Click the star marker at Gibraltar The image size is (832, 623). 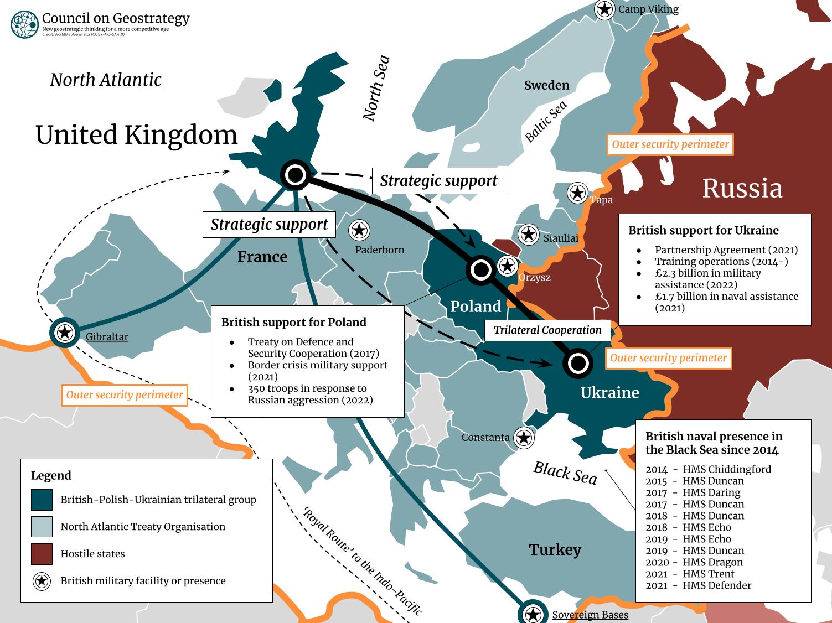click(x=65, y=333)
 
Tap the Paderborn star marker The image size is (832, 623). click(x=359, y=230)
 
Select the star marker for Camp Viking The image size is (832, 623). click(x=604, y=9)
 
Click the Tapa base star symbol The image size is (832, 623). click(x=578, y=193)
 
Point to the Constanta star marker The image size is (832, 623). click(x=524, y=438)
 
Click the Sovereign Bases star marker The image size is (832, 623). click(x=533, y=614)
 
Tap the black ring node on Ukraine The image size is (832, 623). click(x=578, y=363)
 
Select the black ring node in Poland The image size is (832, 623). click(x=480, y=270)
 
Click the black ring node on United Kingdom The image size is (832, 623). click(x=296, y=175)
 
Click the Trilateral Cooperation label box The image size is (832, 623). click(x=547, y=330)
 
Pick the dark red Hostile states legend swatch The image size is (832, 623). click(x=42, y=554)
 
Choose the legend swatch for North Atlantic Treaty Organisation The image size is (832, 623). click(x=42, y=527)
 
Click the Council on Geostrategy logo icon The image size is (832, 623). click(x=24, y=24)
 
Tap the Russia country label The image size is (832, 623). click(x=742, y=188)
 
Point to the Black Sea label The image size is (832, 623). click(x=565, y=473)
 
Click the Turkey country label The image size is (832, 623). click(x=555, y=549)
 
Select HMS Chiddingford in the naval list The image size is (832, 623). click(x=726, y=469)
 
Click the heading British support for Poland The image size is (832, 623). click(x=294, y=322)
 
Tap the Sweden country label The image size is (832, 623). click(x=546, y=85)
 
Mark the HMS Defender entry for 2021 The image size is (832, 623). click(x=716, y=585)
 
